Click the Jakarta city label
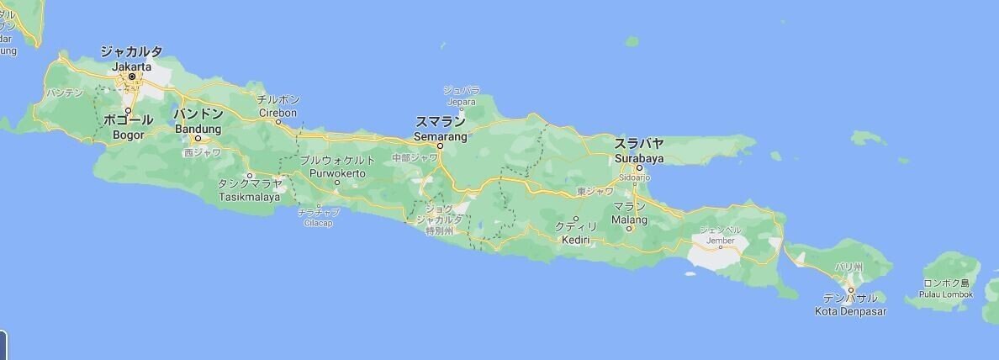point(131,66)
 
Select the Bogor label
point(129,135)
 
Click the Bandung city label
point(198,129)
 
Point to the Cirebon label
point(278,112)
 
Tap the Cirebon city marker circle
point(278,121)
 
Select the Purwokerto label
point(337,172)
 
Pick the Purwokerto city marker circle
point(337,182)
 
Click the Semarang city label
point(440,135)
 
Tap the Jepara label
point(461,102)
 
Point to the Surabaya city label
point(639,157)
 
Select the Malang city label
point(630,220)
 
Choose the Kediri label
point(576,240)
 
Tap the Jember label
point(721,240)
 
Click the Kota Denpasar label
point(850,311)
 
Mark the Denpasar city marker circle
point(850,289)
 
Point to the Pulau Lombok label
point(947,294)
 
